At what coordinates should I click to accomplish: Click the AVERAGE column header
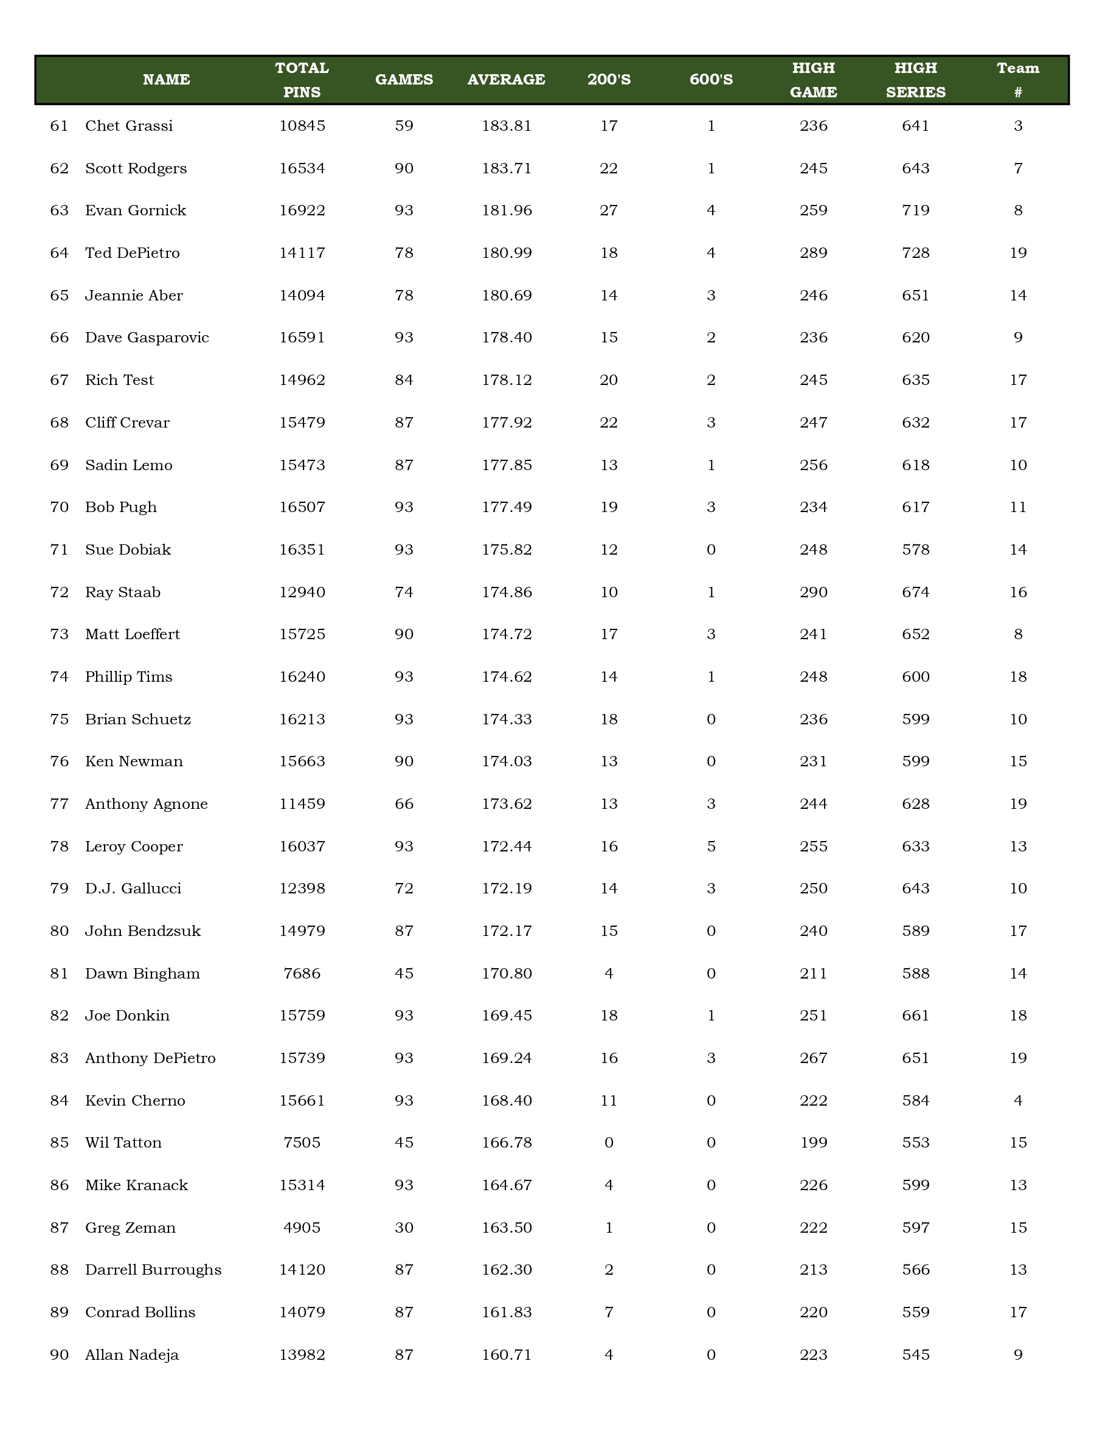[506, 80]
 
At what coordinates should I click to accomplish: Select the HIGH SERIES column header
[916, 80]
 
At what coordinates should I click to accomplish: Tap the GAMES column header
[404, 80]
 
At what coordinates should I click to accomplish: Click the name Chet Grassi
[129, 125]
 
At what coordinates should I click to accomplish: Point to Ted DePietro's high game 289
[813, 253]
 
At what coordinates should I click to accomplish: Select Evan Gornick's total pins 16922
[302, 210]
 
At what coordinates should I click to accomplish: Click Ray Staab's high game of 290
[813, 592]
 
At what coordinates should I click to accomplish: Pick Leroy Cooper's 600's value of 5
[711, 847]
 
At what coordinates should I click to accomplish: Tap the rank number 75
[59, 719]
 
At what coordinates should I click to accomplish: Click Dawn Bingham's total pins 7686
[302, 973]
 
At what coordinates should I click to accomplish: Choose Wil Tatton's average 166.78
[506, 1143]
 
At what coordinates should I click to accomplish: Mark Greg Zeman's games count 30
[404, 1228]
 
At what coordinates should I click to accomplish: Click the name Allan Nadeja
[132, 1354]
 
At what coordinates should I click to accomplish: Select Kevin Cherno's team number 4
[1017, 1101]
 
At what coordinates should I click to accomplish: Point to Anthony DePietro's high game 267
[813, 1058]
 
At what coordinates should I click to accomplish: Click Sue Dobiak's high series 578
[916, 550]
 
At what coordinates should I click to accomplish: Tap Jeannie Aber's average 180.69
[506, 296]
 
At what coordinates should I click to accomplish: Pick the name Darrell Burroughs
[153, 1270]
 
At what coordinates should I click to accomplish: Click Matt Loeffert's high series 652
[916, 634]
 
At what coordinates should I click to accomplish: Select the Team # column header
[1017, 80]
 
